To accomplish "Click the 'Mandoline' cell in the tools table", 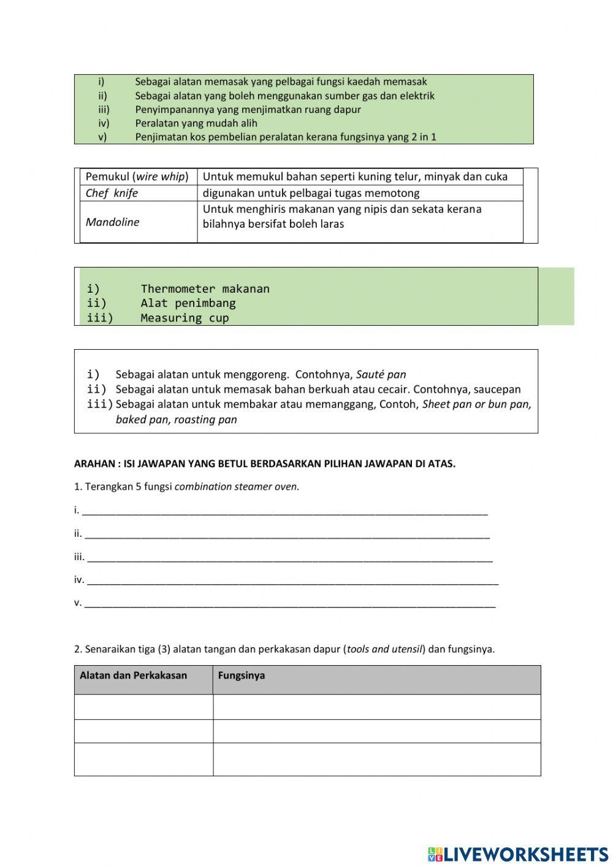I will (113, 222).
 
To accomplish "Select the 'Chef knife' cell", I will (112, 193).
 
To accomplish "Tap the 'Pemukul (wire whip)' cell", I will (137, 177).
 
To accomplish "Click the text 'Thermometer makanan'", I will (205, 288).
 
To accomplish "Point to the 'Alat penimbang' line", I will (188, 303).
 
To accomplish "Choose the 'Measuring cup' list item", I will (185, 318).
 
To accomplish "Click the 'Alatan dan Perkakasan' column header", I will (133, 676).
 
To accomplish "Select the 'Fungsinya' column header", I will (242, 676).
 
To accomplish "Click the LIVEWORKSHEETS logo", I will (518, 854).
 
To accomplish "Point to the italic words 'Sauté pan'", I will (381, 374).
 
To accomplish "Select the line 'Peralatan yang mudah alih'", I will (196, 123).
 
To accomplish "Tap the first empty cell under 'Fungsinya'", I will (376, 707).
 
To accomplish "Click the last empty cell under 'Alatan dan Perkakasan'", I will (143, 760).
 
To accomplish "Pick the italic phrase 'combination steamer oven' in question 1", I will (236, 487).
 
